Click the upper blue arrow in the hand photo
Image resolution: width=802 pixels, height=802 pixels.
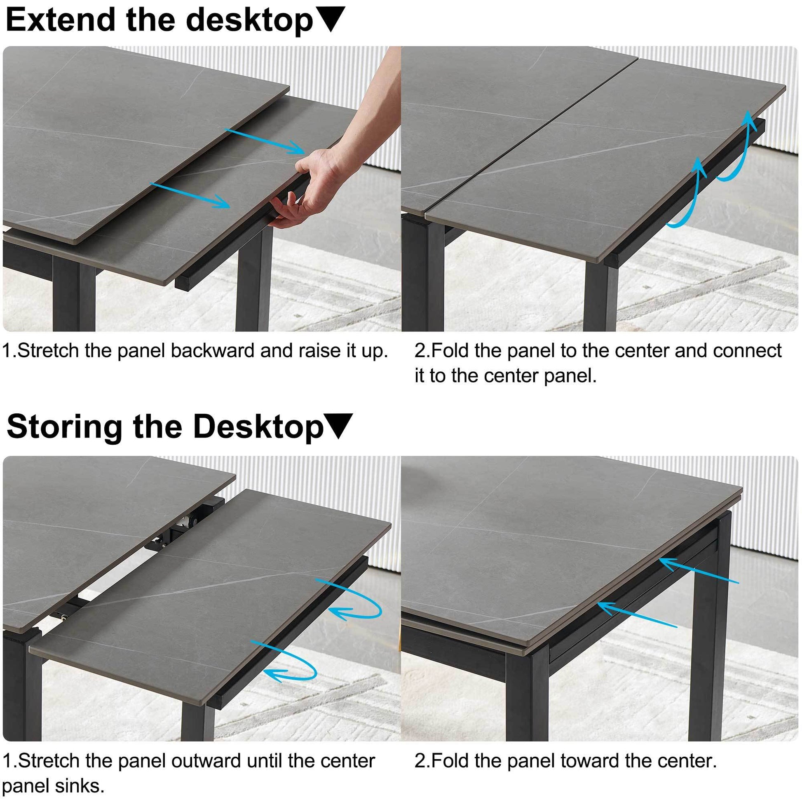[266, 141]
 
